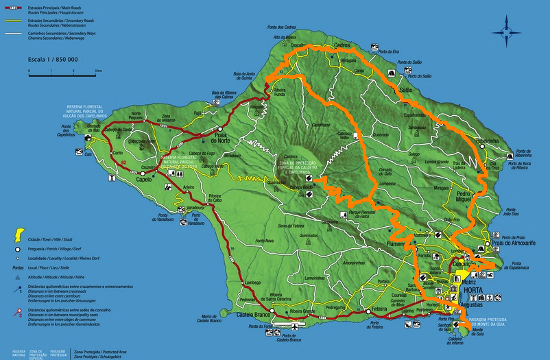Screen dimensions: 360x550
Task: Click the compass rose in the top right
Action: (507, 30)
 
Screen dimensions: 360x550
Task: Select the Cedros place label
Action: (342, 45)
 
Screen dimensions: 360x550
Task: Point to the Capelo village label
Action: (144, 180)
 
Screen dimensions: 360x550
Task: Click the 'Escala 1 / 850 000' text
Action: (53, 60)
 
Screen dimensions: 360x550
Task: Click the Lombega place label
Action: (253, 282)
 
